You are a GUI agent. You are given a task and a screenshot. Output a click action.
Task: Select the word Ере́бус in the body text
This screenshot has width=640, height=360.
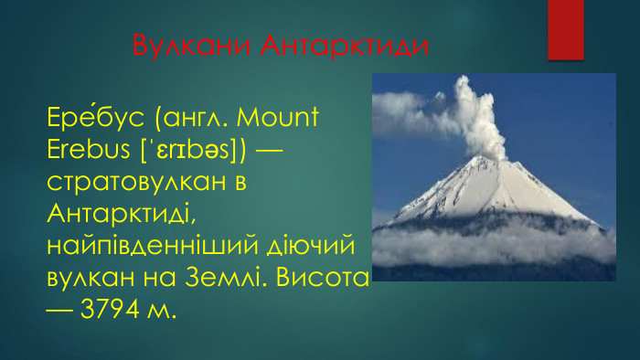pos(96,118)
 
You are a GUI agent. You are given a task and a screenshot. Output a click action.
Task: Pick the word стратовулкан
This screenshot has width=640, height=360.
pos(137,181)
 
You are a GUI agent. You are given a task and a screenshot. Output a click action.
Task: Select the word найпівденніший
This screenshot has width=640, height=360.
pos(152,246)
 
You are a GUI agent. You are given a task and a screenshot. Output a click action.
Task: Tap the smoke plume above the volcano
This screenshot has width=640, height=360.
pos(480,119)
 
